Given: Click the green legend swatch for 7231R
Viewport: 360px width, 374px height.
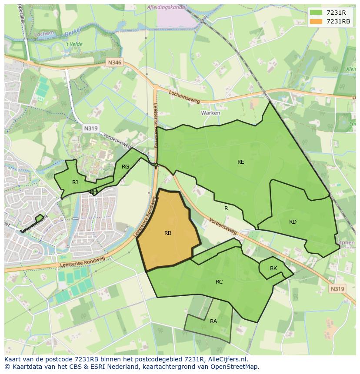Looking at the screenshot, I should [x=316, y=13].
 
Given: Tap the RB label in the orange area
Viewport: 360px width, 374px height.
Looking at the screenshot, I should [x=168, y=233].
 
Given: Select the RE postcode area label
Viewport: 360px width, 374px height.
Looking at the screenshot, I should [x=240, y=162].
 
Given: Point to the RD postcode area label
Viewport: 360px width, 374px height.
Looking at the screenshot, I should [x=293, y=222].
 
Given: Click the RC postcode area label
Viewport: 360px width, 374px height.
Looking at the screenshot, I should [x=219, y=282].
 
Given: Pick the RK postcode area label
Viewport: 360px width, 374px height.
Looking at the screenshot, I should [x=273, y=268].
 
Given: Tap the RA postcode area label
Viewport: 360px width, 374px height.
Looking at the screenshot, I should [x=213, y=321].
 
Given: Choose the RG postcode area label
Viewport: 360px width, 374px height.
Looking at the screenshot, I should [x=125, y=167].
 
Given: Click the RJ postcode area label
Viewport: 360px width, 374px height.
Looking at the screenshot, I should [x=75, y=182].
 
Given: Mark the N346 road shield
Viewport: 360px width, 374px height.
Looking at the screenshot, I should [x=115, y=63].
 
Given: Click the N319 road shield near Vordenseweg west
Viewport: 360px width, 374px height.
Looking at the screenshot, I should [x=90, y=128].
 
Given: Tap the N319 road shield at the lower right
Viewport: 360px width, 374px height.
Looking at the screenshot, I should [x=337, y=289].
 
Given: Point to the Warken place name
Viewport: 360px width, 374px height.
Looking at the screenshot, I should [x=210, y=113].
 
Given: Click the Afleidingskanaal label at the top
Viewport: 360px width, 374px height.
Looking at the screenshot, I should [x=167, y=7].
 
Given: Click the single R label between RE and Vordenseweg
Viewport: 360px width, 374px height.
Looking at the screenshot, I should [x=226, y=209].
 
